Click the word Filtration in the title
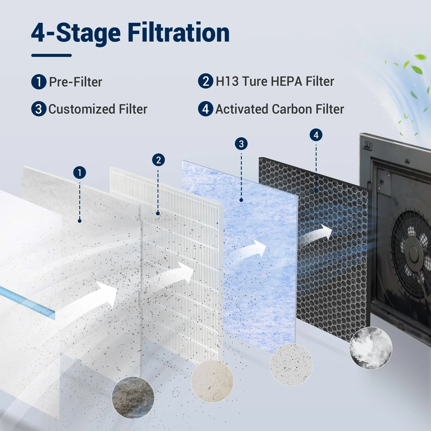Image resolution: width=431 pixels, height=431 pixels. click(178, 32)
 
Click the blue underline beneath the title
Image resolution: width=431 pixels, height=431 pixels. click(51, 55)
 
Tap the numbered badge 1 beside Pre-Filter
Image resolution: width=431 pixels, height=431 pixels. click(39, 81)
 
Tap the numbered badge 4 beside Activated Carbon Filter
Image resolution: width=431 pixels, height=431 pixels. click(206, 109)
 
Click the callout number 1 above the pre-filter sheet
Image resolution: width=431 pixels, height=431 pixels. click(80, 173)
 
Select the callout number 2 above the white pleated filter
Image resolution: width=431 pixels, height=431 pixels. click(158, 160)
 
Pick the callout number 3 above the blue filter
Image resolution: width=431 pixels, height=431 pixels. click(241, 144)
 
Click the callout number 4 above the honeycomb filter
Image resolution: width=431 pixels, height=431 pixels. click(316, 134)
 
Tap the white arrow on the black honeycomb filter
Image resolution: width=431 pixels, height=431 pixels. click(316, 234)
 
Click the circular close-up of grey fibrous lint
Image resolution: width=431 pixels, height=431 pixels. click(133, 398)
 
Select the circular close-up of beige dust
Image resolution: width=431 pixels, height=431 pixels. click(212, 381)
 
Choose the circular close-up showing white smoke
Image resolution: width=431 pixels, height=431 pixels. click(371, 348)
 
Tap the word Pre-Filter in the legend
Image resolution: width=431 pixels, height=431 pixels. click(75, 82)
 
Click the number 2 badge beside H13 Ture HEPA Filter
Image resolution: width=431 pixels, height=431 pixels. click(206, 81)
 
